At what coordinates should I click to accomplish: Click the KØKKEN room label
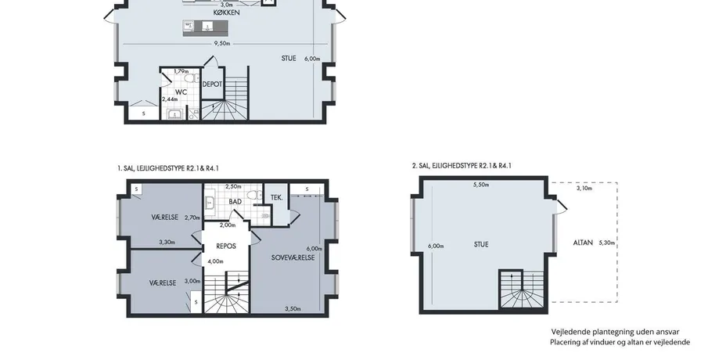coord(226,13)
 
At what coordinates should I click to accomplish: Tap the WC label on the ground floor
coord(181,92)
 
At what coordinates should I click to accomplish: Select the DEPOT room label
coord(212,85)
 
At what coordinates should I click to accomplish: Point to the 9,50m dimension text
coord(222,44)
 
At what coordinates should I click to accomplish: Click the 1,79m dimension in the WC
coord(181,71)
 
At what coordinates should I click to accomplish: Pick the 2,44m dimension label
coord(171,99)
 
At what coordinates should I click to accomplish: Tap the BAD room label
coord(235,202)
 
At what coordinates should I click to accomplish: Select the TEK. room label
coord(277,198)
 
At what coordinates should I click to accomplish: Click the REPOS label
coord(226,247)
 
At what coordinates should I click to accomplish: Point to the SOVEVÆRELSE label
coord(293,257)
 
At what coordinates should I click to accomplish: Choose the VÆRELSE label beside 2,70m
coord(165,218)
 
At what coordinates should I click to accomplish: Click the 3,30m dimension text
coord(167,242)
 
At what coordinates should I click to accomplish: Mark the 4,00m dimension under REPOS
coord(215,261)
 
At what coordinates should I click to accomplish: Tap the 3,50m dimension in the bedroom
coord(293,309)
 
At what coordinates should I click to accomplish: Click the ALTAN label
coord(583,243)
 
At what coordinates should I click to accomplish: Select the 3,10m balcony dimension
coord(584,189)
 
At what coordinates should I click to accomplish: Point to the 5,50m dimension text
coord(481,185)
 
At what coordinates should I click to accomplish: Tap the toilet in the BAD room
coord(257,195)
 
